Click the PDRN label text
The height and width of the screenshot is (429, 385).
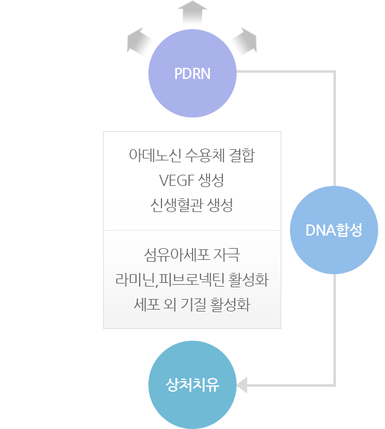[x=192, y=73]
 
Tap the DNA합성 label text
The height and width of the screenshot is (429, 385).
[x=333, y=230]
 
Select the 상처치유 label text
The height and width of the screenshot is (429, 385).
[x=192, y=384]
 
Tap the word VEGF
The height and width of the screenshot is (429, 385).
[x=176, y=181]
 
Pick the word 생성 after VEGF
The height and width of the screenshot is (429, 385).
[x=211, y=181]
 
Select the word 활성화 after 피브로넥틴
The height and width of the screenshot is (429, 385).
[x=249, y=280]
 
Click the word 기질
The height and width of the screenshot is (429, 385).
[x=201, y=305]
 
